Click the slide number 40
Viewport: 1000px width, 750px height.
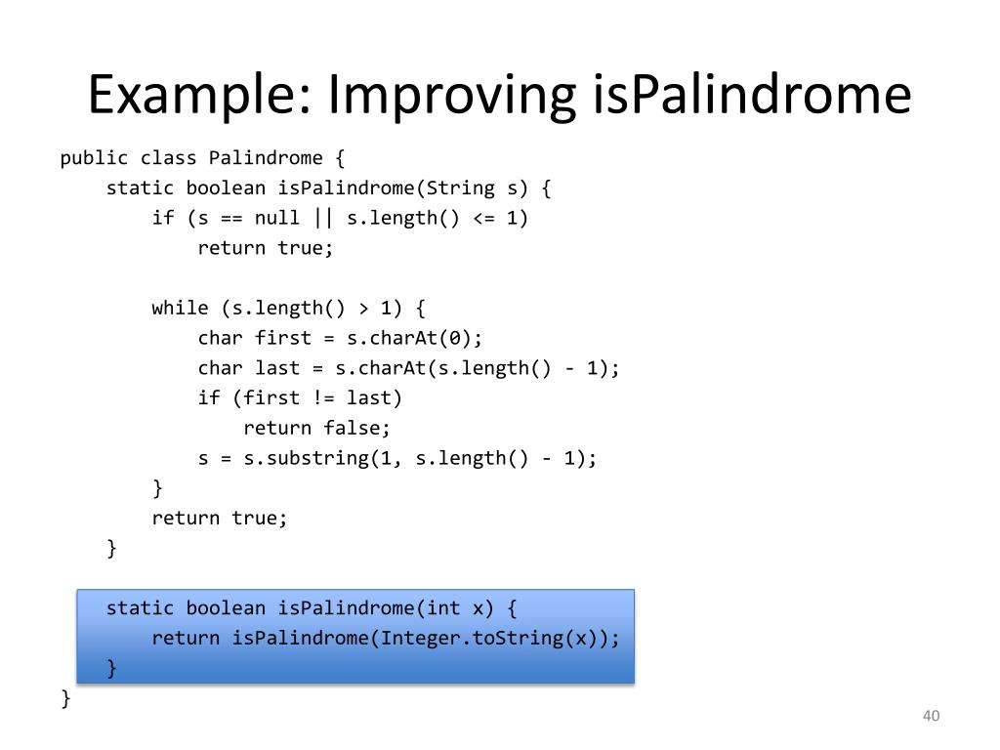[930, 718]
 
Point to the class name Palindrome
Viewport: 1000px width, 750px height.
[266, 158]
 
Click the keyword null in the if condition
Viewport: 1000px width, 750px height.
[276, 218]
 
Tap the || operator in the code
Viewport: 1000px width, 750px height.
[322, 218]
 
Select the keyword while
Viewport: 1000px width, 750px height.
[180, 309]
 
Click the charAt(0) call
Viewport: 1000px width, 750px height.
[426, 338]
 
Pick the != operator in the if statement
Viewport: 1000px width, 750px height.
[322, 398]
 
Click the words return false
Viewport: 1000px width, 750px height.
[317, 428]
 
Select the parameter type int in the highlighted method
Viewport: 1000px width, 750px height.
[442, 608]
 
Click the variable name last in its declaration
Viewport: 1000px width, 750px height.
[277, 368]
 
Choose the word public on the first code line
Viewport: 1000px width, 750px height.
[94, 158]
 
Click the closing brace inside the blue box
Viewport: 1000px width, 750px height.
[111, 668]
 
